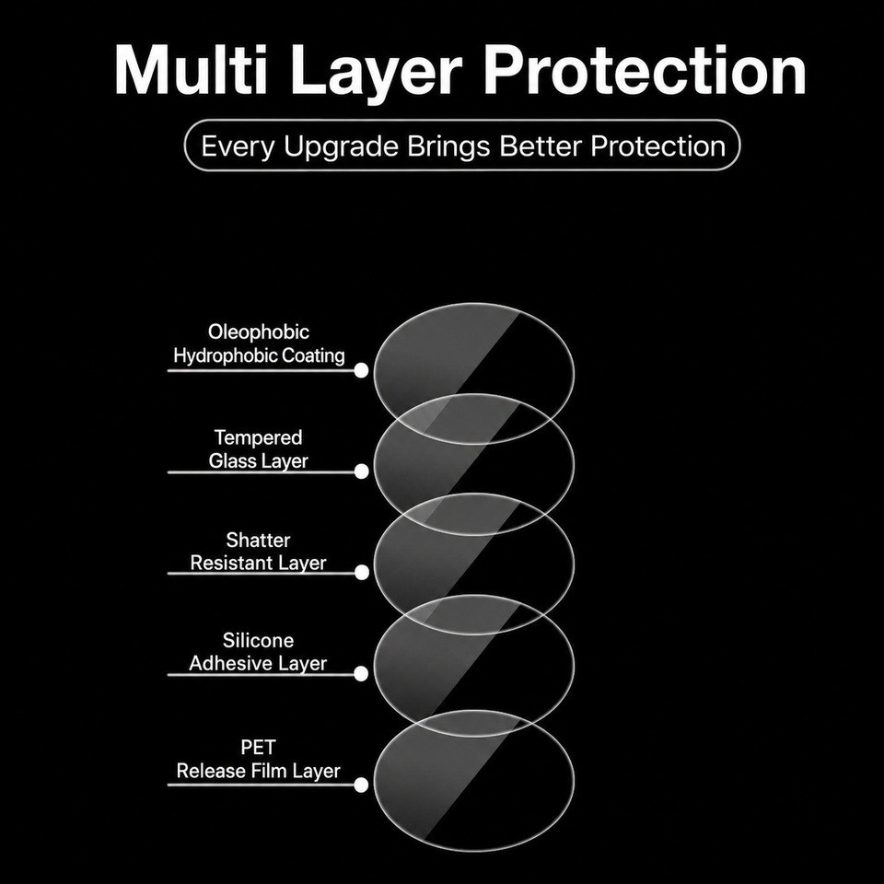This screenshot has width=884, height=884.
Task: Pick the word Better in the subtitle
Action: tap(541, 146)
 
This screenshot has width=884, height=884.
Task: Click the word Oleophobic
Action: tap(259, 332)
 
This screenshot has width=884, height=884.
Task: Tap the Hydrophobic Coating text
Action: tap(259, 355)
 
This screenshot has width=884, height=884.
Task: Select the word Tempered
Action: tap(258, 438)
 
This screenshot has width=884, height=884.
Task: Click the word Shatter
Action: tap(258, 541)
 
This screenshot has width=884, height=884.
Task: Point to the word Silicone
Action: tap(258, 641)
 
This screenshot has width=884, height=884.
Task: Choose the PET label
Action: tap(258, 748)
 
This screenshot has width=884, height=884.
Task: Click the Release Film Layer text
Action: tap(258, 772)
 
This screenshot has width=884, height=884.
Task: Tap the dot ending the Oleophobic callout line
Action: tap(361, 370)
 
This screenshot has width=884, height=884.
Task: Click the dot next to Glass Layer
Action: tap(361, 471)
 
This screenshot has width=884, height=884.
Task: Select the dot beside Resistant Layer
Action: tap(362, 572)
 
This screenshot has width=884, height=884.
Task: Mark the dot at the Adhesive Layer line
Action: tap(361, 673)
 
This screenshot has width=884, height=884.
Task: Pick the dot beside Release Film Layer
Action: tap(361, 785)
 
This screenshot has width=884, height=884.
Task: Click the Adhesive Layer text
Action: tap(258, 664)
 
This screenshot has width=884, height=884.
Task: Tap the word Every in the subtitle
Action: tap(238, 147)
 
